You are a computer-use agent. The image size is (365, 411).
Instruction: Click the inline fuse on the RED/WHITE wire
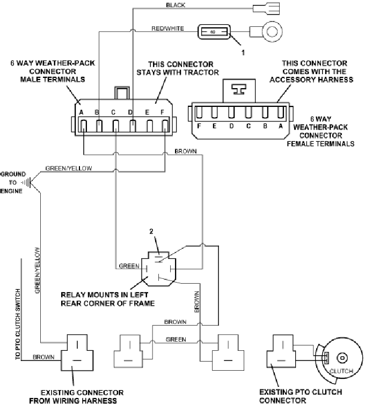point(214,32)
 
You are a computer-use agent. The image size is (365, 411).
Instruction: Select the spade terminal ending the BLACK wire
point(266,9)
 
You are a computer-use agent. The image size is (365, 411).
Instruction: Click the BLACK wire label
point(176,5)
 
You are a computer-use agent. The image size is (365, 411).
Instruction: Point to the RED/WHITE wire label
point(167,28)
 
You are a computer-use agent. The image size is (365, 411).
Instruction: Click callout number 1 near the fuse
point(243,53)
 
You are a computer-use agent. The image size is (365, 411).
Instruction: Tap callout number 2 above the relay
point(151,231)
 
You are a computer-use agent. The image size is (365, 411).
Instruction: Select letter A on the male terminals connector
point(81,112)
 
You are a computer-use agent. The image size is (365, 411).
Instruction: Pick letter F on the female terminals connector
point(199,126)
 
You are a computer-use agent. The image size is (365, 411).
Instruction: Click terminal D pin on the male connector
point(133,126)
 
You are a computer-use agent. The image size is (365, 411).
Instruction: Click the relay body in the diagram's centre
point(158,269)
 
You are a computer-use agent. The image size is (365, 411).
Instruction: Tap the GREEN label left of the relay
point(129,266)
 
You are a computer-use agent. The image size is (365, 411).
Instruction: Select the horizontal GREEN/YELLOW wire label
point(69,168)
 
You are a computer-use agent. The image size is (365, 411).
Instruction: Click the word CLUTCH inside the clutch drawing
point(341,371)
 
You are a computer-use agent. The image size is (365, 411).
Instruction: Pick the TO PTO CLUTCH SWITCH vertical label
point(18,325)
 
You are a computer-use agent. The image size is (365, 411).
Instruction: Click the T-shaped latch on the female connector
point(239,89)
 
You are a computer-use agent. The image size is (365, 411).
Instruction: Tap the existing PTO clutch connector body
point(281,351)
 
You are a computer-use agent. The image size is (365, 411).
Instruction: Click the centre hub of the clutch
point(342,358)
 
